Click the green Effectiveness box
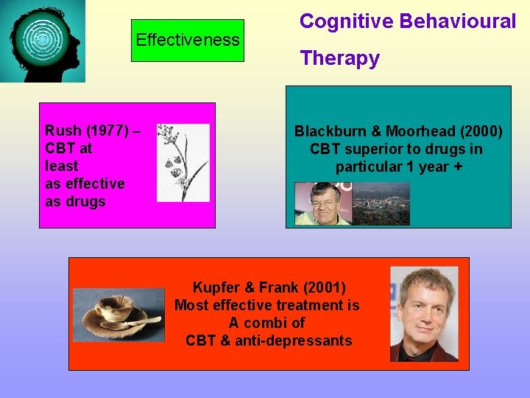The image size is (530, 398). tap(188, 40)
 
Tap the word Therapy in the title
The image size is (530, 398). tap(339, 58)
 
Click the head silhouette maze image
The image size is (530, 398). tap(42, 41)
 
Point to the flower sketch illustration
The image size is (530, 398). tap(183, 163)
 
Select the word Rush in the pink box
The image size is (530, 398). tap(63, 130)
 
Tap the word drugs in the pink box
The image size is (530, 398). tap(85, 201)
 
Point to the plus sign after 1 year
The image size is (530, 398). tap(459, 167)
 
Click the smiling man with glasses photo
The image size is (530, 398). tap(323, 203)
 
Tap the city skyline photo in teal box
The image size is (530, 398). tap(381, 203)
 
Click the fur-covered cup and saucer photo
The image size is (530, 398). tap(119, 314)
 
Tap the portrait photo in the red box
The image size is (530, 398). tap(423, 313)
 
